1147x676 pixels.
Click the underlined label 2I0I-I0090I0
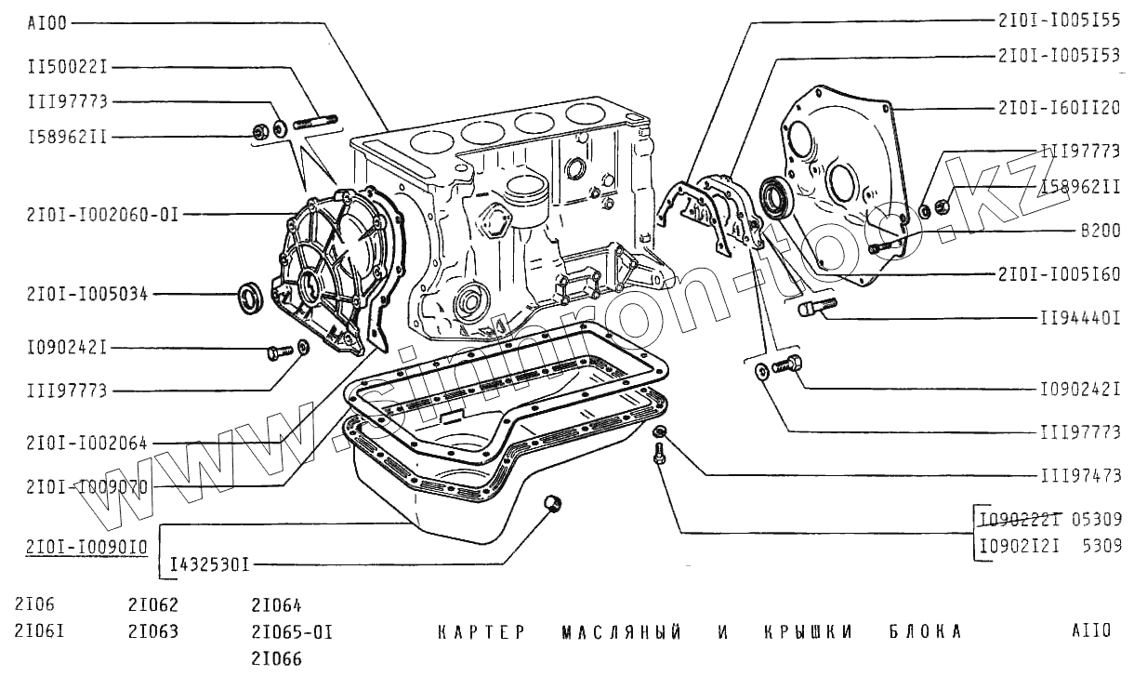click(80, 548)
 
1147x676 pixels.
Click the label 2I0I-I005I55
click(1059, 20)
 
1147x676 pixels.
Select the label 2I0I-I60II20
click(1059, 109)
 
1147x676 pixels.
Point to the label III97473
click(1079, 476)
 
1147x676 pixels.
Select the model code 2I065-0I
click(291, 632)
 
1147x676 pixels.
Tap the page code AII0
click(1090, 632)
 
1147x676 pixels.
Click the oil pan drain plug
click(553, 503)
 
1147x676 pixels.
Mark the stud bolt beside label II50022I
click(314, 122)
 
